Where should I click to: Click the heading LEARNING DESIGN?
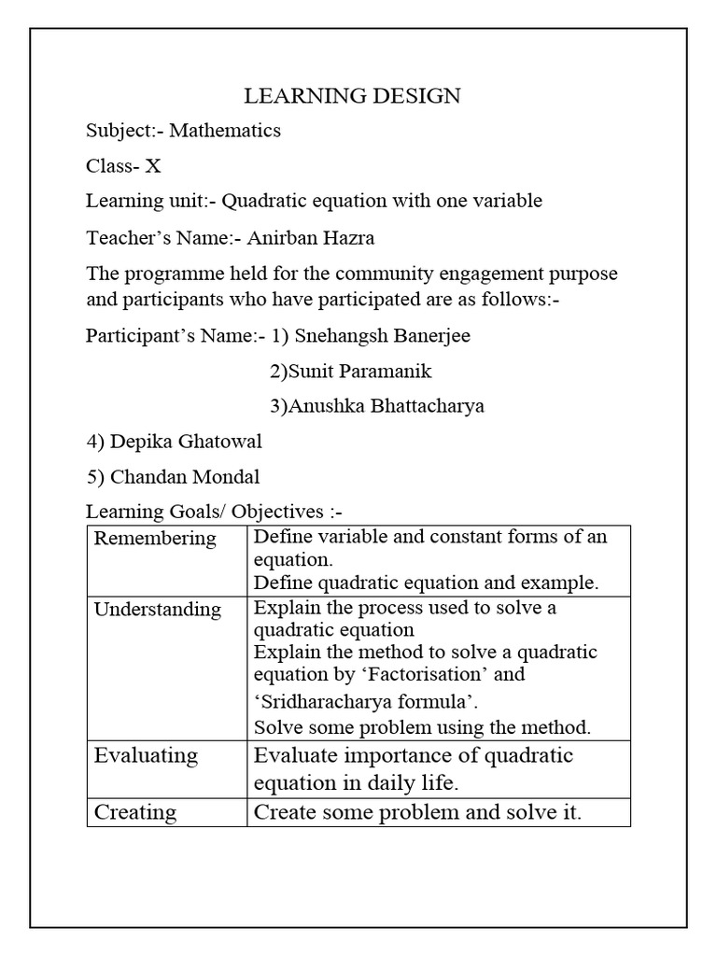tap(352, 95)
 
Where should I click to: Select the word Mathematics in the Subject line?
tap(224, 131)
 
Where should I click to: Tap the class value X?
tap(153, 166)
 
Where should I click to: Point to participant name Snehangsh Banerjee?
tap(382, 336)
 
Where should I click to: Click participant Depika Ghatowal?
tap(186, 442)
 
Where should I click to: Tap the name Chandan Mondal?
tap(185, 477)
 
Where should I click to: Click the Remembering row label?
tap(155, 539)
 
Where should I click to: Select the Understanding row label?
tap(158, 610)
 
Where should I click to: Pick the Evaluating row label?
tap(146, 755)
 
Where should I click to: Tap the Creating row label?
tap(135, 812)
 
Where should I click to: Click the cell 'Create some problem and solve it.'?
tap(417, 812)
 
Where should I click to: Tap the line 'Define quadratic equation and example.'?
tap(426, 583)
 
